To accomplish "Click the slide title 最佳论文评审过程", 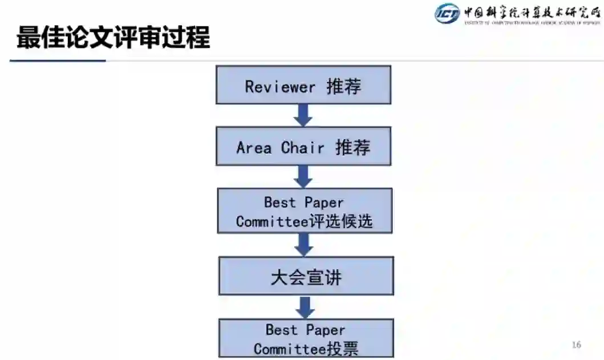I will [x=113, y=38].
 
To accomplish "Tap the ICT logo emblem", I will [x=447, y=13].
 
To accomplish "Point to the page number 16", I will [x=576, y=345].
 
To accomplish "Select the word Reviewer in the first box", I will [x=280, y=87].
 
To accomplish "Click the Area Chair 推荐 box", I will [x=303, y=147].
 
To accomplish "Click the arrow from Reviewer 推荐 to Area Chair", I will [x=303, y=115].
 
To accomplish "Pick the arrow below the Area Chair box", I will [x=303, y=176].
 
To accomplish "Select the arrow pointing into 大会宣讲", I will [x=304, y=244].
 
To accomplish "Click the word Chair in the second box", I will [x=303, y=148].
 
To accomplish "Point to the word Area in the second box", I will [x=254, y=148].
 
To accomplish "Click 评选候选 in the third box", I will [x=341, y=222].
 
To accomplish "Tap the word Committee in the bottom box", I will [x=290, y=349].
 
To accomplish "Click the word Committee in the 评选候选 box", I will [x=272, y=222].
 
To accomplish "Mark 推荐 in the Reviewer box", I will [x=344, y=87].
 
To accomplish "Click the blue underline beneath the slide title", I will [x=58, y=60].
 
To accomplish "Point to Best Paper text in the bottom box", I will [x=305, y=330].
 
